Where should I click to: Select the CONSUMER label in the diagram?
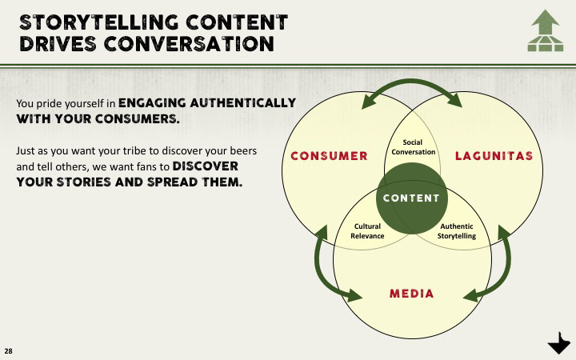point(330,155)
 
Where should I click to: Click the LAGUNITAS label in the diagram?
point(494,155)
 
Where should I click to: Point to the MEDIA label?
point(412,294)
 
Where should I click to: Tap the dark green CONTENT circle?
point(412,198)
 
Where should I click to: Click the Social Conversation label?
point(413,147)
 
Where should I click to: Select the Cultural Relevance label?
point(368,231)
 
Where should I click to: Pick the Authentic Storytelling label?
point(457,231)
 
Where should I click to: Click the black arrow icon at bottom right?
point(558,345)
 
